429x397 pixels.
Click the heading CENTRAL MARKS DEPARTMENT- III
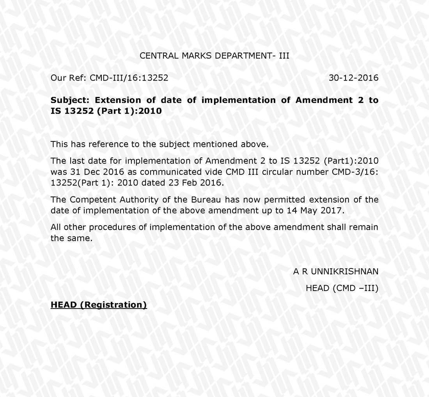(214, 56)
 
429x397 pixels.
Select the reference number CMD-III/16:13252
(129, 78)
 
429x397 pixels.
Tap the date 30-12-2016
(353, 78)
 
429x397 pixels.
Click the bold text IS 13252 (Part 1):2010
(106, 111)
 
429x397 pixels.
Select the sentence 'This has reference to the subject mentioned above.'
(160, 144)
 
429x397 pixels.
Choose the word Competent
(93, 200)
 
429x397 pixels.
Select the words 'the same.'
(72, 238)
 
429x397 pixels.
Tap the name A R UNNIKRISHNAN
(336, 272)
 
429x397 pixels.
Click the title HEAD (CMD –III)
(342, 288)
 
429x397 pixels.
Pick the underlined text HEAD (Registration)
(99, 305)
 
